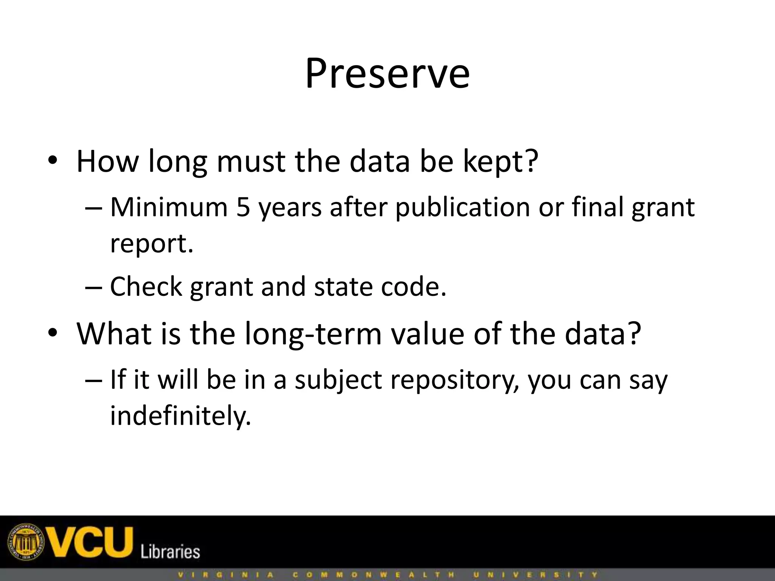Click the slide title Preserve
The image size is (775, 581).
[387, 74]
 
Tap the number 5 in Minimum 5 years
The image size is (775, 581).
[243, 207]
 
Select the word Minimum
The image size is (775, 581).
[169, 207]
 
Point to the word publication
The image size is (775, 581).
[462, 208]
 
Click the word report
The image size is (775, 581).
[151, 244]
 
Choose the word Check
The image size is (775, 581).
[146, 286]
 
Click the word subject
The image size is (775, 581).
[338, 380]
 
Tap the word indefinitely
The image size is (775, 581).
[181, 416]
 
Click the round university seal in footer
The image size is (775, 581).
[26, 542]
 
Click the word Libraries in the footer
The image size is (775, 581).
[170, 551]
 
